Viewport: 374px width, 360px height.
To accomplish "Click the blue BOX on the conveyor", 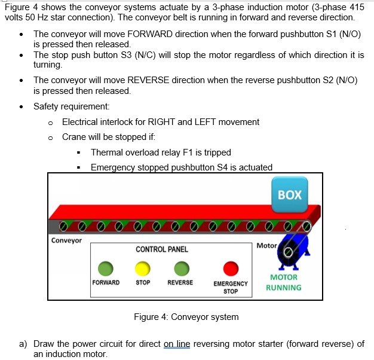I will click(290, 195).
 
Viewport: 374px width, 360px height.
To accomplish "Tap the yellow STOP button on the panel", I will click(143, 268).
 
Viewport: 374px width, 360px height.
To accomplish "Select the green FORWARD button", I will click(106, 268).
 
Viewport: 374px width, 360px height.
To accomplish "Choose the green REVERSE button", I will click(180, 268).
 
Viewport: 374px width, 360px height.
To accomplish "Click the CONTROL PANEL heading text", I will click(161, 249).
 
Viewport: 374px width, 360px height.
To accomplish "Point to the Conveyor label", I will click(66, 240).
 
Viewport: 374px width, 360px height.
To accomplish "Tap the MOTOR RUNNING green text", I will click(284, 282).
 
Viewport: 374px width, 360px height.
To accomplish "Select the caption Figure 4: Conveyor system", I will click(186, 317).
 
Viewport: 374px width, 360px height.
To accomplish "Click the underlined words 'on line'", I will click(176, 344).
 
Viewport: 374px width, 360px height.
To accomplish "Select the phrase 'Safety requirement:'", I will click(71, 106).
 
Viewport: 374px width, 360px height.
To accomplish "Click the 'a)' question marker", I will click(23, 344).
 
